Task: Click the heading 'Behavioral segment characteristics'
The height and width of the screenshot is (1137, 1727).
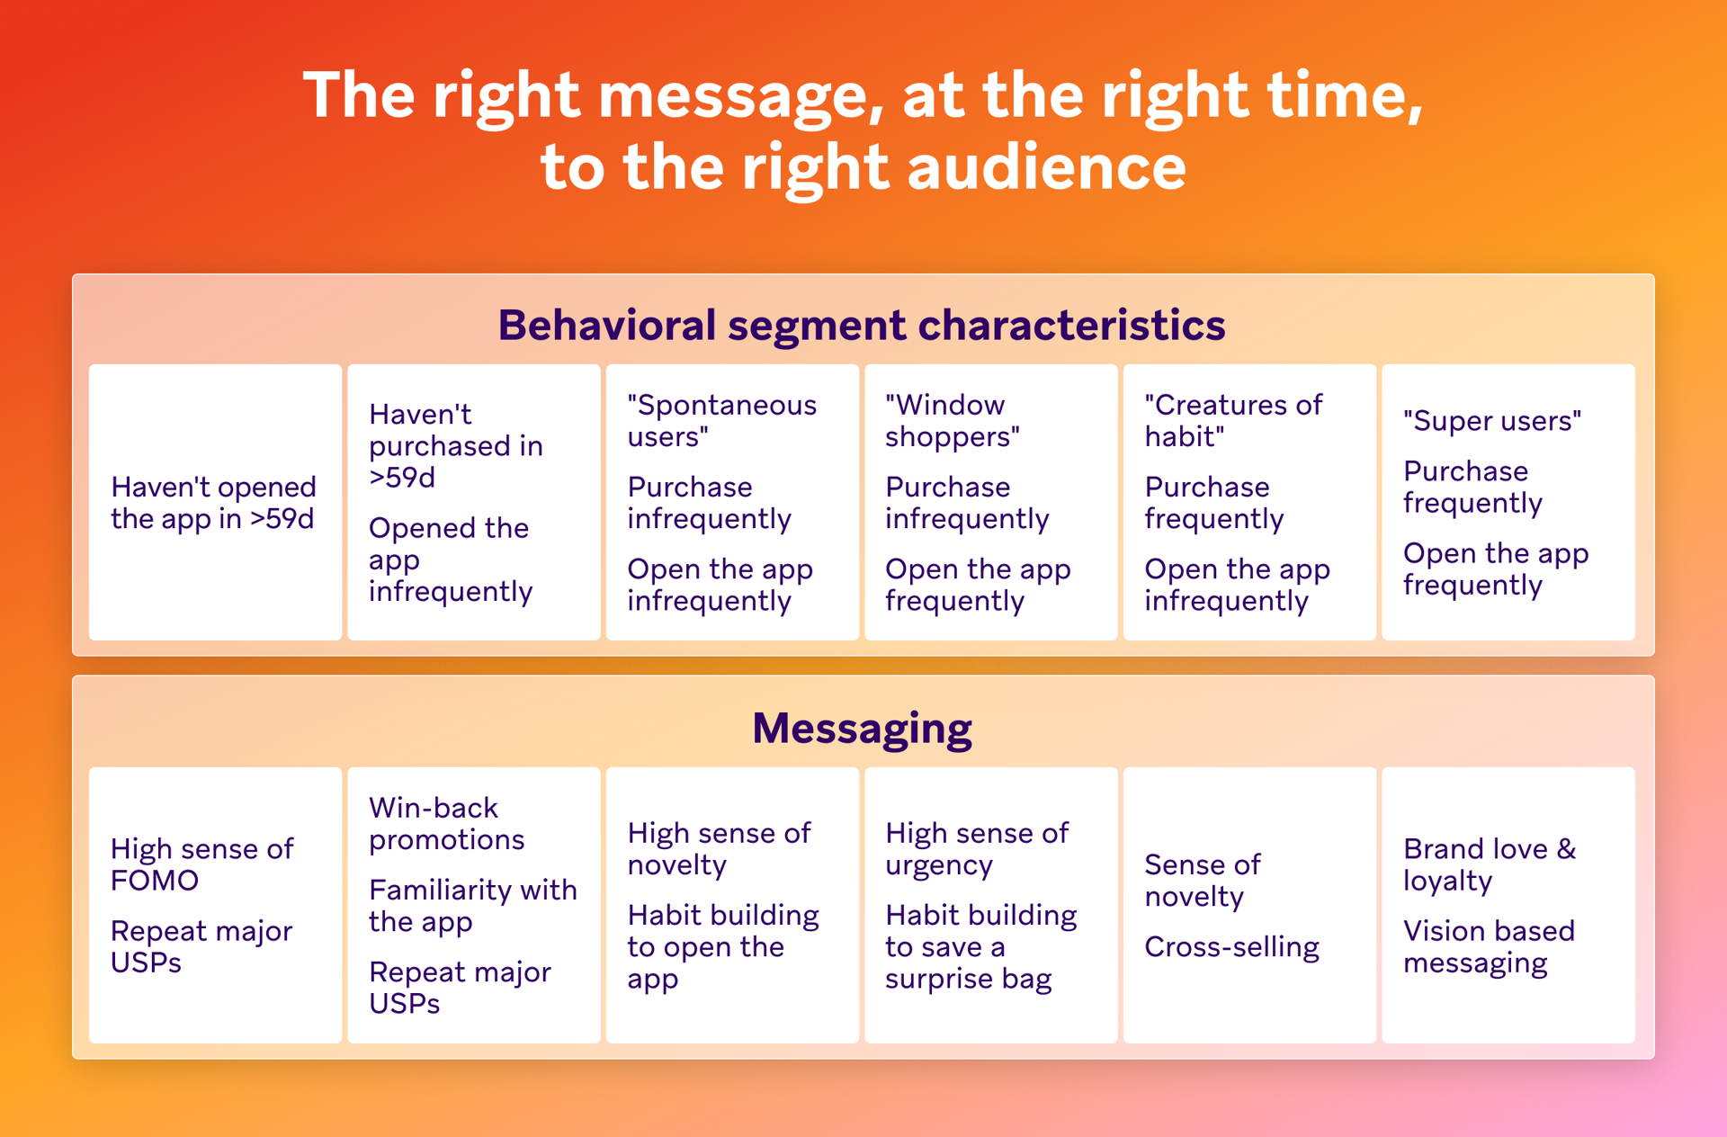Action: [861, 325]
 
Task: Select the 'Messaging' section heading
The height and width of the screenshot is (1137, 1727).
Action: [862, 728]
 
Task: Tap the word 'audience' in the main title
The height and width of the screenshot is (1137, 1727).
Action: [1046, 168]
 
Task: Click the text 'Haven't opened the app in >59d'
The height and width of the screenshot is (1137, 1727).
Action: [213, 503]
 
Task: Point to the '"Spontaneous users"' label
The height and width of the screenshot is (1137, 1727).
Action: [721, 421]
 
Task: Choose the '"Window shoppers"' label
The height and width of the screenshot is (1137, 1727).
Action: [953, 421]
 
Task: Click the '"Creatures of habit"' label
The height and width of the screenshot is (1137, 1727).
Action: [1232, 421]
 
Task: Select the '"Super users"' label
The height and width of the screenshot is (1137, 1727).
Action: [1491, 421]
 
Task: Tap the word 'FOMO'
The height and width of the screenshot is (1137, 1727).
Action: [154, 881]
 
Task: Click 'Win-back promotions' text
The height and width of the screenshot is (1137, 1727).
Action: [446, 824]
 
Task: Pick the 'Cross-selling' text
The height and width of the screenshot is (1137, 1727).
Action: [1231, 947]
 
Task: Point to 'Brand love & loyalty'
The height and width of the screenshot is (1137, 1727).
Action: [1489, 864]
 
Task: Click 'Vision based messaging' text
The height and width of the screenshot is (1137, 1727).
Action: [1489, 947]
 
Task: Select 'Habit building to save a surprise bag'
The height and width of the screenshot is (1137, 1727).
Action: [980, 947]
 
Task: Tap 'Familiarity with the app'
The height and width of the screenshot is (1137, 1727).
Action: [472, 906]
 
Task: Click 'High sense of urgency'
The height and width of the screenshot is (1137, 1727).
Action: [976, 849]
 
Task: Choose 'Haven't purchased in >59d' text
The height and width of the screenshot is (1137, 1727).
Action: [455, 446]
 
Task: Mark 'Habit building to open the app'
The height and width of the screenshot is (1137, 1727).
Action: [722, 947]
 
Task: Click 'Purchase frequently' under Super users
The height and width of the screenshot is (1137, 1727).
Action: [1472, 487]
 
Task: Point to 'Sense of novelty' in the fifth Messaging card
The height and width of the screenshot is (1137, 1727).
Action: [1202, 881]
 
